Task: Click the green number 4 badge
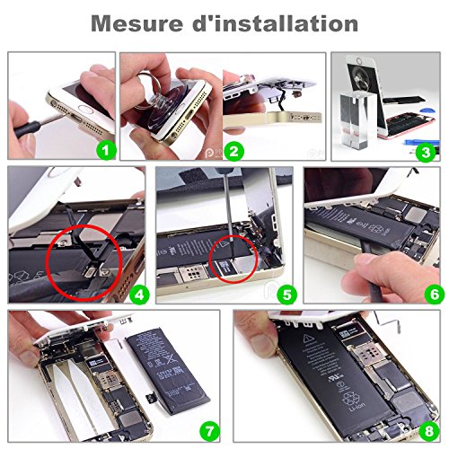(x=136, y=292)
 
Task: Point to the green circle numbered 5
(x=284, y=292)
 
